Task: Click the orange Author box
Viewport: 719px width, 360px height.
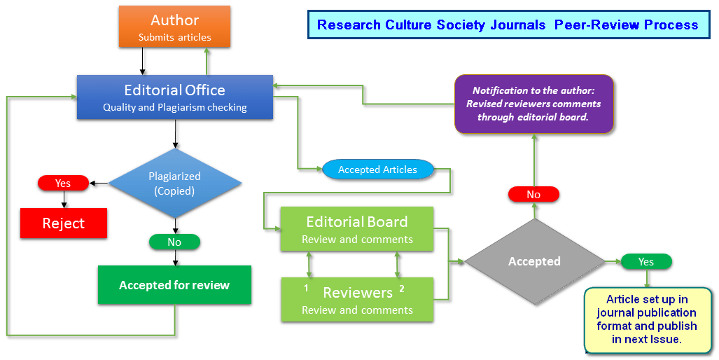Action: pyautogui.click(x=174, y=27)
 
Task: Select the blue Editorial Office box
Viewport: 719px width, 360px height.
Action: pyautogui.click(x=174, y=97)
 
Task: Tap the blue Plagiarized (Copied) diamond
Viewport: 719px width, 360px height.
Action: pyautogui.click(x=174, y=183)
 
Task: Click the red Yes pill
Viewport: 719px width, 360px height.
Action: pyautogui.click(x=63, y=183)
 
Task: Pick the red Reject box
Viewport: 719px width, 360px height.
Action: pyautogui.click(x=63, y=223)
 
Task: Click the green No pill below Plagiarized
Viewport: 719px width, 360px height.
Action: pyautogui.click(x=174, y=242)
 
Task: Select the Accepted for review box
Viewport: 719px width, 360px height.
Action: pyautogui.click(x=174, y=285)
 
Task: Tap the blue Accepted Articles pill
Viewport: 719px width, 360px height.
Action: pyautogui.click(x=377, y=169)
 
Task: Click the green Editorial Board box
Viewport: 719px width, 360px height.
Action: pyautogui.click(x=357, y=229)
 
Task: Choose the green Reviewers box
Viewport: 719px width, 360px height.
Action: pyautogui.click(x=357, y=300)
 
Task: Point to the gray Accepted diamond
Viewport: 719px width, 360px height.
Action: pyautogui.click(x=534, y=261)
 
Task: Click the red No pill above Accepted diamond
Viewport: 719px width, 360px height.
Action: pyautogui.click(x=533, y=194)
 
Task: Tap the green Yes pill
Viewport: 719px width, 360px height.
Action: pyautogui.click(x=645, y=261)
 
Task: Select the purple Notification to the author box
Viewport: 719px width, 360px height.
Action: pyautogui.click(x=533, y=104)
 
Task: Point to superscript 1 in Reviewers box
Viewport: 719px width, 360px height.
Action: pyautogui.click(x=306, y=288)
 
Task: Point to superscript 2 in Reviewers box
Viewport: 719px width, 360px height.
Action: pyautogui.click(x=401, y=288)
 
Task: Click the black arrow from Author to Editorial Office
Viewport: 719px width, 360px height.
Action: pyautogui.click(x=143, y=61)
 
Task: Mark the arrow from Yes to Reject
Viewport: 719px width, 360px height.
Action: pyautogui.click(x=64, y=199)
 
